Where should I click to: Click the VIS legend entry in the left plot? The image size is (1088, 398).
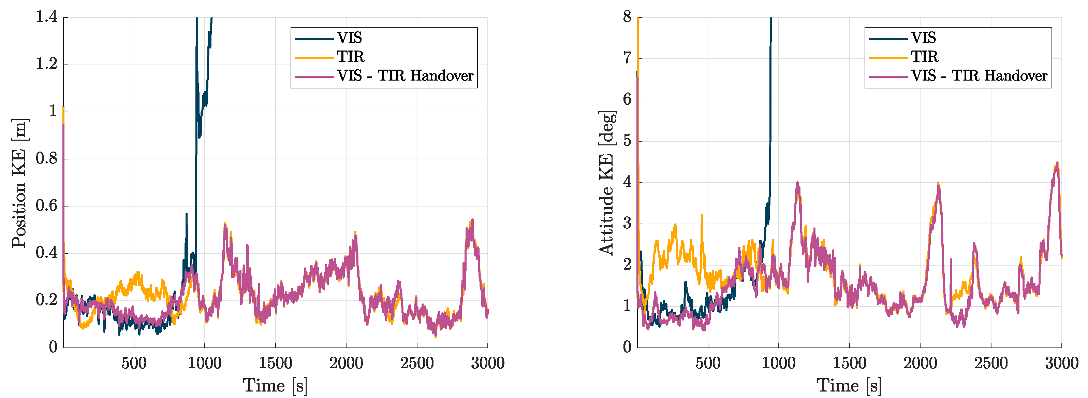tap(349, 38)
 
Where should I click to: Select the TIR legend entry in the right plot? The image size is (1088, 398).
tap(924, 57)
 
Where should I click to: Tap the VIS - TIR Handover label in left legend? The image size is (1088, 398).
tap(405, 76)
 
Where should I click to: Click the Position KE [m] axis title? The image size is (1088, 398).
tap(19, 183)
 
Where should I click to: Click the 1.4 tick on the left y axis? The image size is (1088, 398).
tap(46, 17)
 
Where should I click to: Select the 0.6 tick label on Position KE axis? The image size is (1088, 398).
tap(46, 206)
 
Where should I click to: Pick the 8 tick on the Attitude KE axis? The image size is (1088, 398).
tap(627, 17)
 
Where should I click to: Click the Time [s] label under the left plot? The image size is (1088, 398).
tap(275, 385)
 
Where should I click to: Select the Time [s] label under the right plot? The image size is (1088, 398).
tap(849, 385)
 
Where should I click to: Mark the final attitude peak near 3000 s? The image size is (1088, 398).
tap(1057, 163)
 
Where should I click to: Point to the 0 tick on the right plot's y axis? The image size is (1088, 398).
tap(627, 347)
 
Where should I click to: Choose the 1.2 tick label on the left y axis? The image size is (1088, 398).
tap(46, 64)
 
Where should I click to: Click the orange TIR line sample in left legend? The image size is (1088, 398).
tap(314, 57)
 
